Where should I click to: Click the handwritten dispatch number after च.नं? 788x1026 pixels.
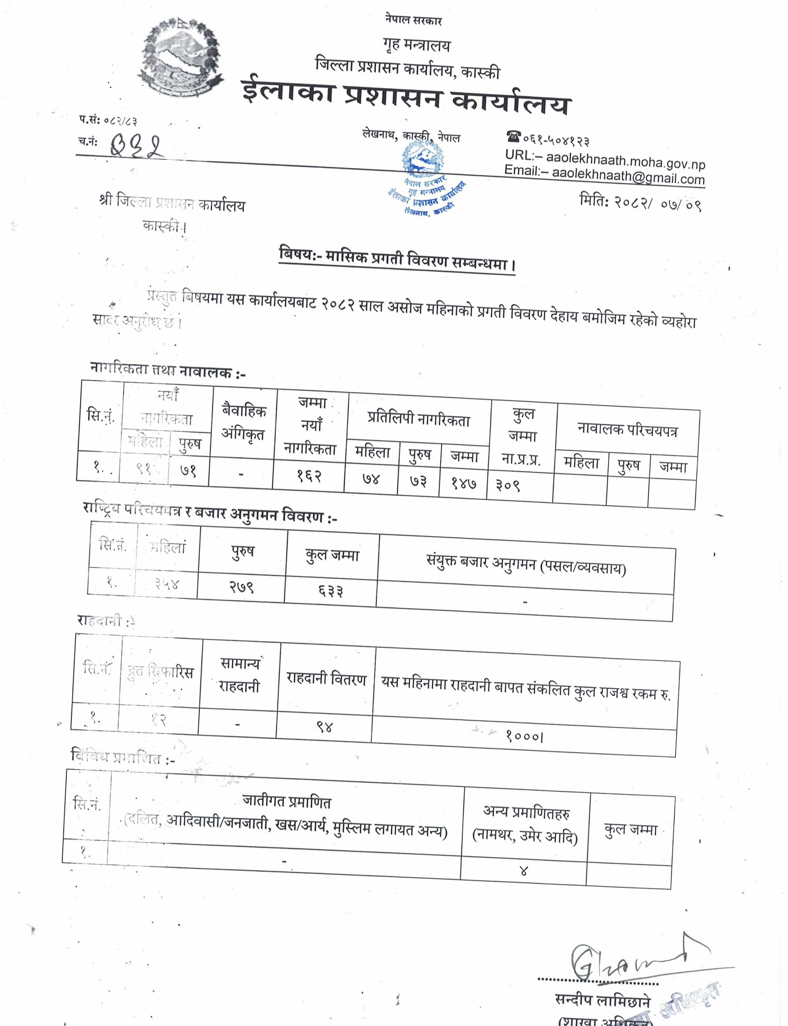(x=137, y=146)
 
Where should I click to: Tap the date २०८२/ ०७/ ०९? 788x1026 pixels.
(x=657, y=203)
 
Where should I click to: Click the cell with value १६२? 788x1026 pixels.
(x=309, y=476)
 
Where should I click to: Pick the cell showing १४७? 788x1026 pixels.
(x=464, y=483)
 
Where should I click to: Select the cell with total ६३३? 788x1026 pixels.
(x=331, y=590)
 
